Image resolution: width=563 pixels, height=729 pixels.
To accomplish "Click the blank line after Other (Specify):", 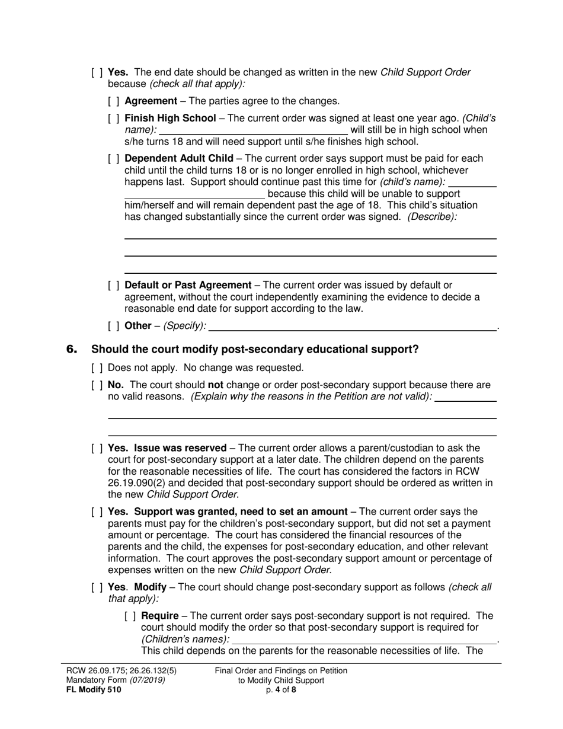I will point(353,325).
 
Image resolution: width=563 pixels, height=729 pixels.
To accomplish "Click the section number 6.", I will point(72,350).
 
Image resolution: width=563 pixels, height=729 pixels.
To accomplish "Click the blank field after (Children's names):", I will point(364,639).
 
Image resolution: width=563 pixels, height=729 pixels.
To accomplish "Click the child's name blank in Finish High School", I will point(254,130).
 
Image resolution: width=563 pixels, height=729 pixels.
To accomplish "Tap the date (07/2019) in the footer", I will point(143,680).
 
